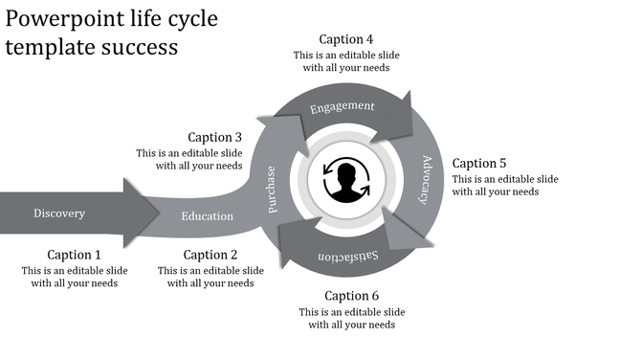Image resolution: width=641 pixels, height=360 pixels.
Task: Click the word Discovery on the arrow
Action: pos(59,213)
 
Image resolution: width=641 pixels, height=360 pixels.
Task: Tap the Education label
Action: pos(208,216)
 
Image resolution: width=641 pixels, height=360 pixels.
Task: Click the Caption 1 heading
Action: pos(75,255)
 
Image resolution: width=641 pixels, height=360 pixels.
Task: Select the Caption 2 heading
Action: pos(210,255)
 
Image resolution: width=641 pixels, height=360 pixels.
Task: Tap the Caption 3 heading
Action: pos(215,137)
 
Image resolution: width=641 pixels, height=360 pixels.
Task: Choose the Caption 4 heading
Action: pos(346,39)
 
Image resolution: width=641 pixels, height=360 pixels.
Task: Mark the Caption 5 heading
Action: pos(479,163)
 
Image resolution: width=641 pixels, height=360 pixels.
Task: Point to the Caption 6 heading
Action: pos(351,295)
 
